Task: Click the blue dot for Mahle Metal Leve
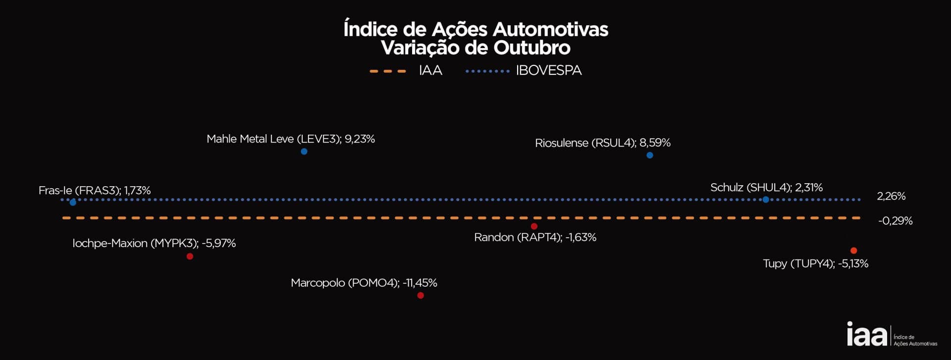(304, 152)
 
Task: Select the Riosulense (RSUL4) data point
(650, 155)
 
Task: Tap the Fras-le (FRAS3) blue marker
(73, 203)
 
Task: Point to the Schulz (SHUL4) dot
(766, 200)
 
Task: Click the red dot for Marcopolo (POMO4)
(421, 296)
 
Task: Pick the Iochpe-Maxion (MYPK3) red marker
(190, 257)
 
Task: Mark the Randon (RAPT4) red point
(534, 227)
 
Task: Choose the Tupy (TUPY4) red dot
(853, 251)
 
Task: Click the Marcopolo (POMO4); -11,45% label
(364, 283)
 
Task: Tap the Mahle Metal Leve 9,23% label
(290, 139)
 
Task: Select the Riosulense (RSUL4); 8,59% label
(602, 143)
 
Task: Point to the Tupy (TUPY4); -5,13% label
(815, 263)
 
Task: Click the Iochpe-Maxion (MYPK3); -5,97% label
(154, 244)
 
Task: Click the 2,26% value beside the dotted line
(891, 196)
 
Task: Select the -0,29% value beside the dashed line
(895, 221)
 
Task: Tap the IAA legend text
(430, 71)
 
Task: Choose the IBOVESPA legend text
(548, 71)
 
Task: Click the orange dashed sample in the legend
(388, 71)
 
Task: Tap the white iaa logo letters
(867, 335)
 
